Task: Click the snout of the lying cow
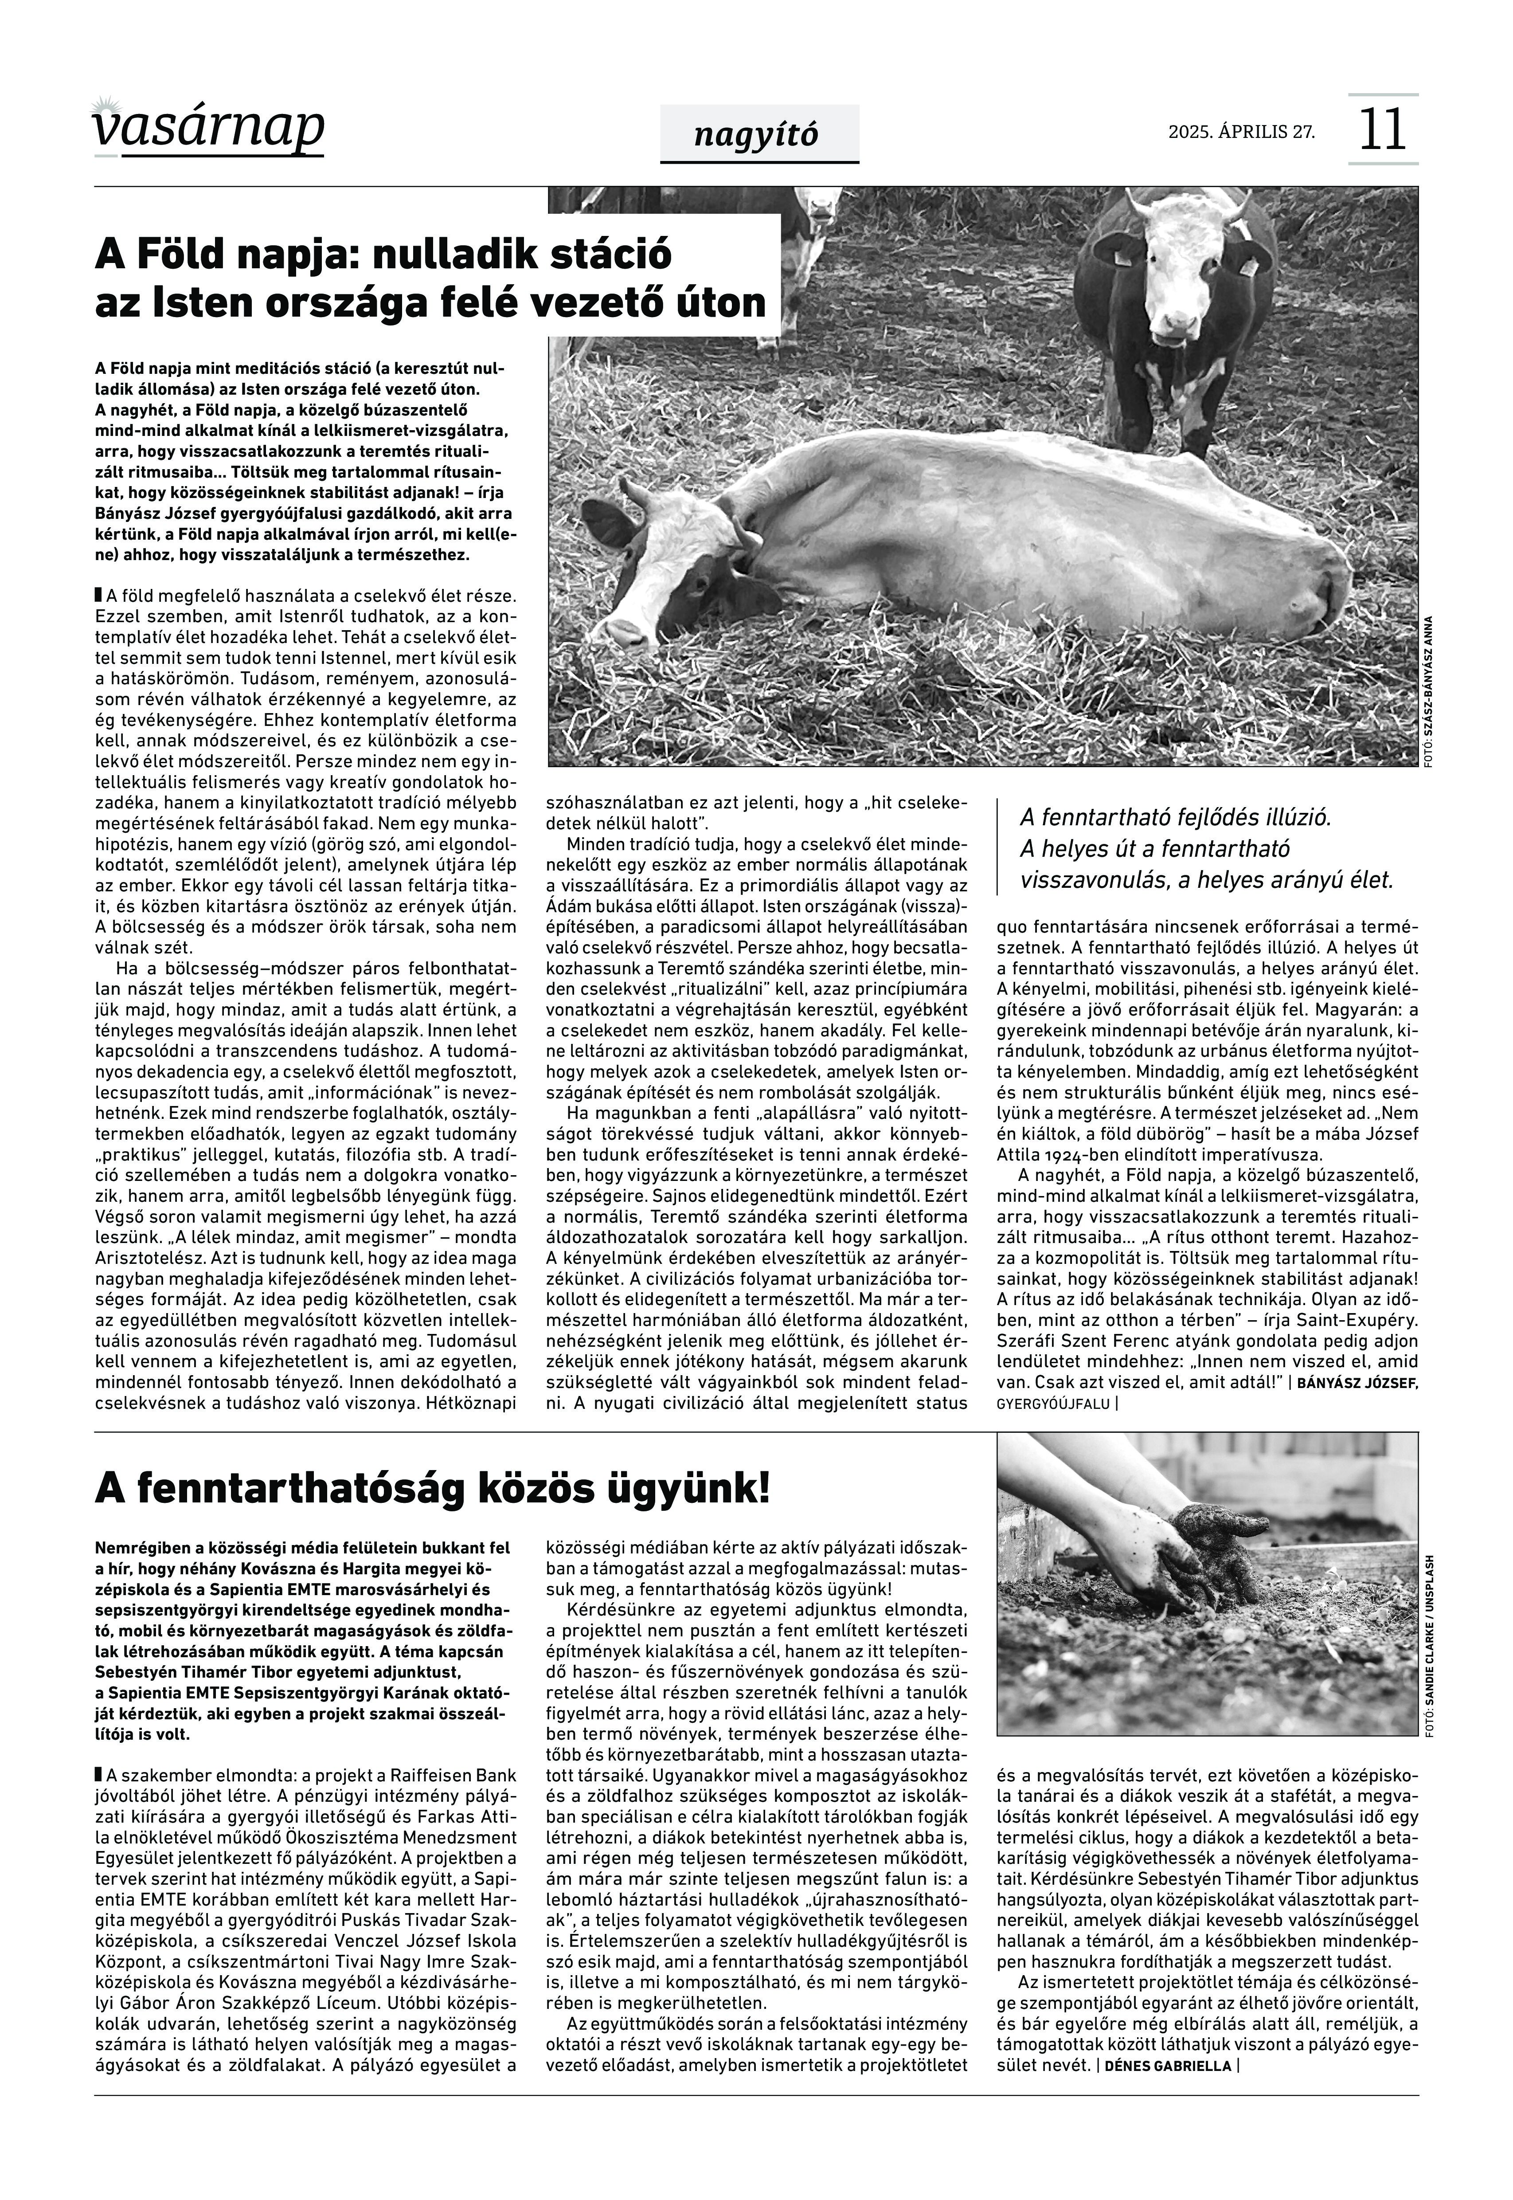[626, 628]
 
